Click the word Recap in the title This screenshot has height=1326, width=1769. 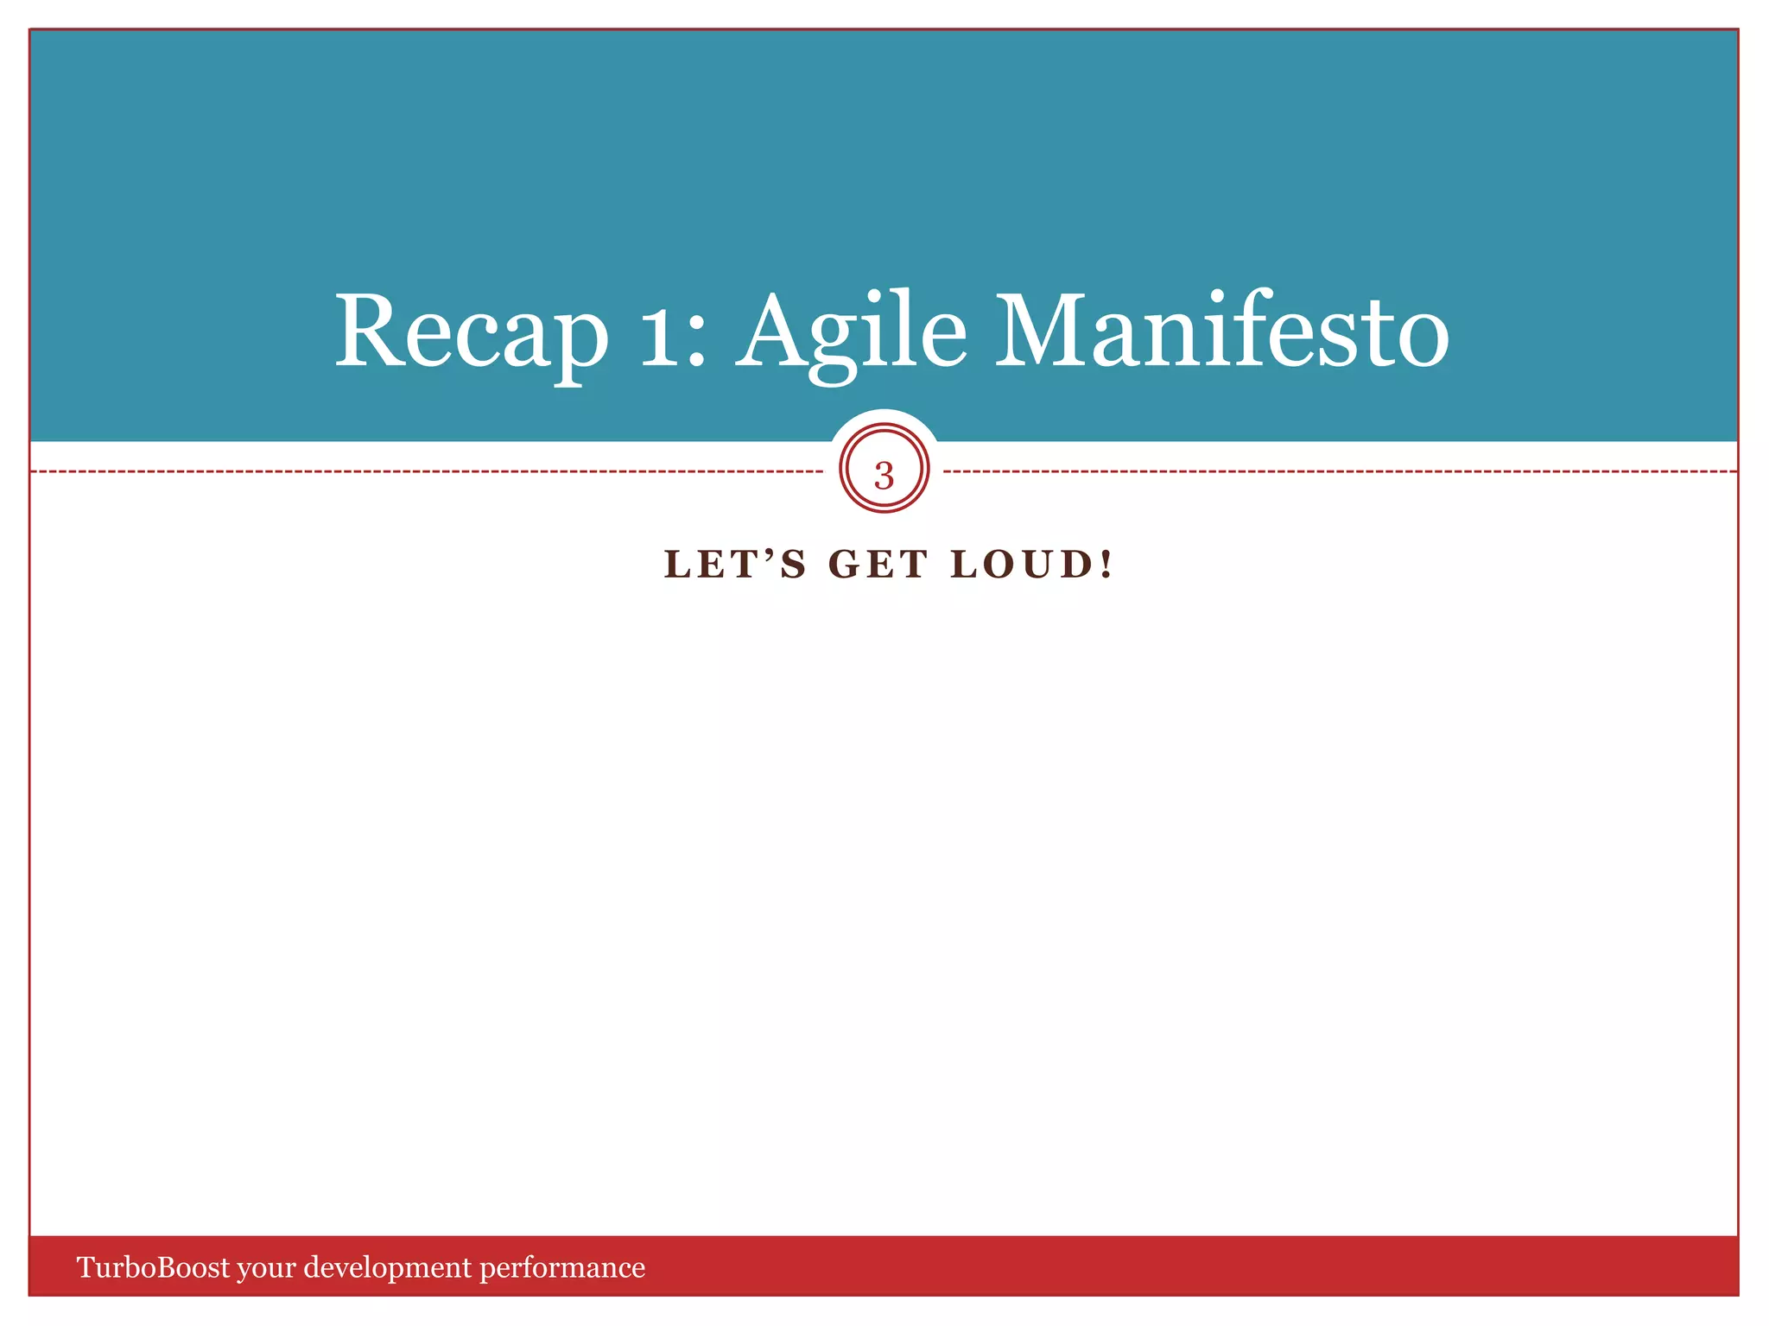point(471,332)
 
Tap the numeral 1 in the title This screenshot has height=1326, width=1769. point(660,332)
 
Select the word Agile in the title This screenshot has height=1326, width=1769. point(852,332)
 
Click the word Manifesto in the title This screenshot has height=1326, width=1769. point(1222,332)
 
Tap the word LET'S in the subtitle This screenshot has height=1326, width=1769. point(734,565)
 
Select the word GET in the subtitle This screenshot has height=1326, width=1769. point(878,565)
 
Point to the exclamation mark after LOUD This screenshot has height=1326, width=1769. point(1106,565)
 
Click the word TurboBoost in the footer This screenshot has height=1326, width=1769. point(153,1267)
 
